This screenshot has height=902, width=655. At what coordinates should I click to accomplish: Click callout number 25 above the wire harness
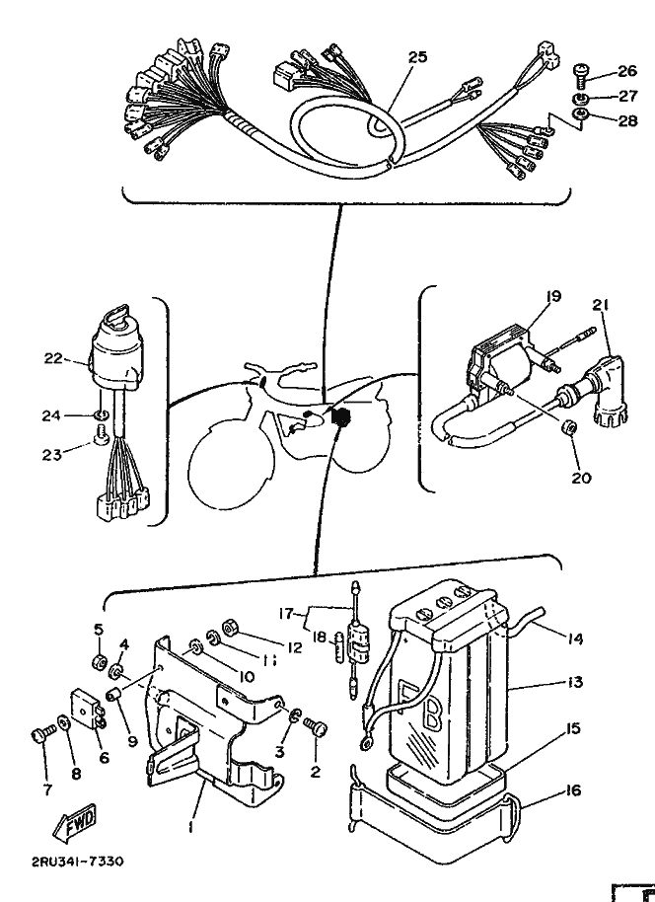418,57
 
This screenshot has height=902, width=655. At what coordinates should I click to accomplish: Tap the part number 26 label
627,71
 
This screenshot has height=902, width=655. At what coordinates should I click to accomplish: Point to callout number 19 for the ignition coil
553,297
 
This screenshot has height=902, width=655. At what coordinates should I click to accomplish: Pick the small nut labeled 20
570,428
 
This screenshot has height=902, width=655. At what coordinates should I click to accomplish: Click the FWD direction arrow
74,823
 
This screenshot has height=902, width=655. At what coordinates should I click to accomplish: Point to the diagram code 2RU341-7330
77,862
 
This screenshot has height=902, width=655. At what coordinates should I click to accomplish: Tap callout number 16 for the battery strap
573,790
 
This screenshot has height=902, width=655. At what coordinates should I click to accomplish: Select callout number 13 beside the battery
574,682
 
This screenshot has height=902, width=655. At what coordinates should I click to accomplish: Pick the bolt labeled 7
43,736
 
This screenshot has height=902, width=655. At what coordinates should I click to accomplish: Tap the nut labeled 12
231,626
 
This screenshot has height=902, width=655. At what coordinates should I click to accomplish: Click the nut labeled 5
100,662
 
